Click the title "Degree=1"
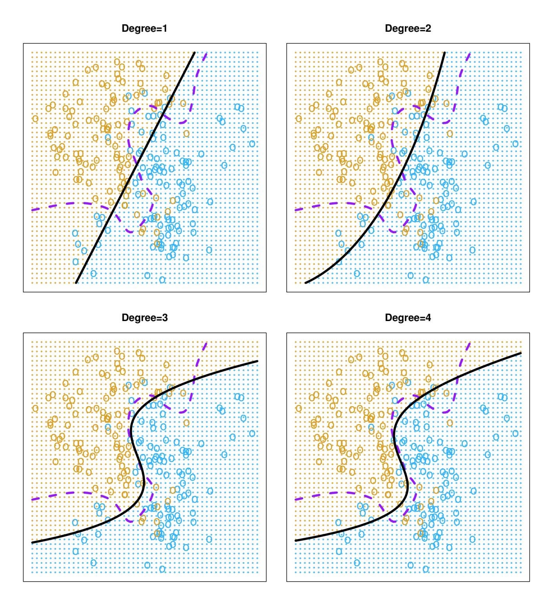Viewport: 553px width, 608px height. tap(144, 29)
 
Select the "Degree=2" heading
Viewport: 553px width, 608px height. tap(408, 29)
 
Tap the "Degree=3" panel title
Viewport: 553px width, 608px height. tap(144, 318)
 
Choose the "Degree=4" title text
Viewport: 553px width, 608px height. tap(408, 318)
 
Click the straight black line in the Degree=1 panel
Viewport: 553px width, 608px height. tap(135, 167)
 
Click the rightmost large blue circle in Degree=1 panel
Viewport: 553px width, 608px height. tap(252, 144)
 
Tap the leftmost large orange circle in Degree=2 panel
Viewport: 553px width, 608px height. tap(299, 118)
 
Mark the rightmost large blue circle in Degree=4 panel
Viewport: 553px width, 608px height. tap(516, 433)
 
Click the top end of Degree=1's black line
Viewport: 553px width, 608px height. tap(195, 52)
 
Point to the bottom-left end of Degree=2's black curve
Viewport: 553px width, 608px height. tap(306, 282)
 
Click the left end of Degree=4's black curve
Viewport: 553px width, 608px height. tap(295, 541)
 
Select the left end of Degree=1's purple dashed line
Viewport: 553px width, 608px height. tap(32, 210)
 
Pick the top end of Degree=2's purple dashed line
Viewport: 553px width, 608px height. tap(469, 53)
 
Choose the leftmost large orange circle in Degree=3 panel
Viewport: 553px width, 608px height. tap(35, 408)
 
